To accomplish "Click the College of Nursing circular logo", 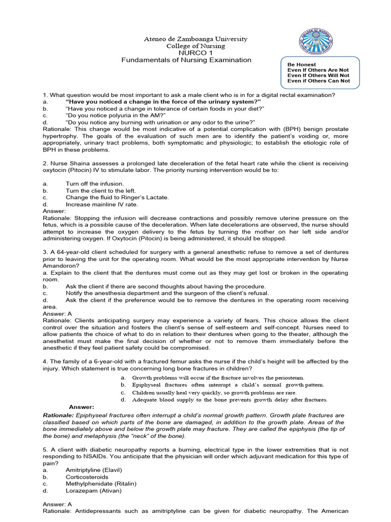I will click(315, 40).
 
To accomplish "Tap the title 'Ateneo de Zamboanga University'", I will click(188, 39).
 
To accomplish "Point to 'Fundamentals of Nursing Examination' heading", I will click(186, 60).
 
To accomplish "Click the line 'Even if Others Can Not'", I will click(319, 81).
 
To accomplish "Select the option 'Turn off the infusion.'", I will click(95, 184).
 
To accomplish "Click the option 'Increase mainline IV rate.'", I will click(102, 204).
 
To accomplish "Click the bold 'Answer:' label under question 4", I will click(81, 407).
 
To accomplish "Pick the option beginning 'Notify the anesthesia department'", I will click(167, 293).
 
